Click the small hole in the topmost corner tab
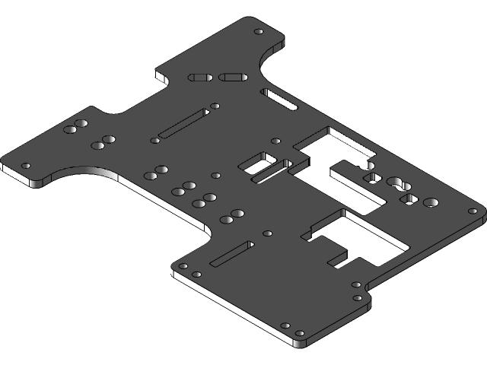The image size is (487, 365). pyautogui.click(x=258, y=32)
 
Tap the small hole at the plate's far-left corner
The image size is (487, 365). pyautogui.click(x=27, y=165)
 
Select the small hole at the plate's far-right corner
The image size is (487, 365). pyautogui.click(x=473, y=210)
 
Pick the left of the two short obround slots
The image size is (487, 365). pyautogui.click(x=202, y=77)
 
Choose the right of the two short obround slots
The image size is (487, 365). pyautogui.click(x=231, y=77)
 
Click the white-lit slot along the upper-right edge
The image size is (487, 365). pyautogui.click(x=280, y=99)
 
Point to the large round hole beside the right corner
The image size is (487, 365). pyautogui.click(x=431, y=203)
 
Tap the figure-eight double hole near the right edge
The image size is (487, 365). pyautogui.click(x=398, y=183)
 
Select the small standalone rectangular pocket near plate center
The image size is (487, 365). pyautogui.click(x=259, y=161)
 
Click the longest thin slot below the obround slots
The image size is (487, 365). pyautogui.click(x=183, y=123)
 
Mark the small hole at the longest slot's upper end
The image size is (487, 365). pyautogui.click(x=215, y=106)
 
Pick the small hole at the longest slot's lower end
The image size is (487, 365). pyautogui.click(x=155, y=141)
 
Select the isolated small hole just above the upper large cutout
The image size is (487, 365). pyautogui.click(x=275, y=141)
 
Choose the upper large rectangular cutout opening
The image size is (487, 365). pyautogui.click(x=335, y=148)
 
